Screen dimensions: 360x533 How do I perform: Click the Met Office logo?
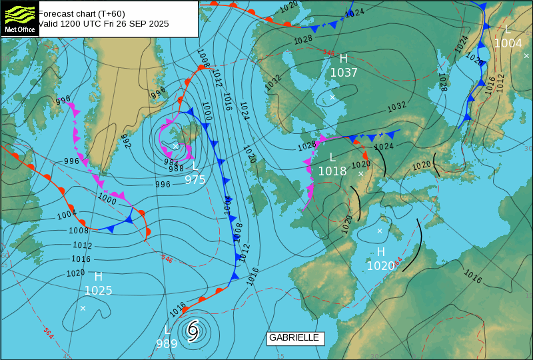click(19, 19)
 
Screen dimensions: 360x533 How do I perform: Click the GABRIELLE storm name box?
click(294, 338)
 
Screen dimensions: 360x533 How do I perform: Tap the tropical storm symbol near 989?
click(193, 330)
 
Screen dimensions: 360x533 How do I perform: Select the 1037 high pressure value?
click(344, 73)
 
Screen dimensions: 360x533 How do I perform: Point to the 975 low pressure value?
click(195, 179)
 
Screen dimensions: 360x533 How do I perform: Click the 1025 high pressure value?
click(98, 290)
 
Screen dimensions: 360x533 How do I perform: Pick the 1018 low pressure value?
click(332, 171)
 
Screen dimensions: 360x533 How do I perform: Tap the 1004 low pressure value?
click(508, 43)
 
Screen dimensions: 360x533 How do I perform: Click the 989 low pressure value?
click(167, 344)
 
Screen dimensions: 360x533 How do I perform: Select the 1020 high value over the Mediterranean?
click(380, 266)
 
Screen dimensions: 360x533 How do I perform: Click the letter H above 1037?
click(344, 59)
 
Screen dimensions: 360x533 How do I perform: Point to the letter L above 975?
click(195, 165)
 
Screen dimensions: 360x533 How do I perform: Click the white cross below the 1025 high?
click(83, 308)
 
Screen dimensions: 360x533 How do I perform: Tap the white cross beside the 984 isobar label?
click(175, 146)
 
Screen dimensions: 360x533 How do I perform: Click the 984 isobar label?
click(171, 162)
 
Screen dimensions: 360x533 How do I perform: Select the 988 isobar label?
click(176, 169)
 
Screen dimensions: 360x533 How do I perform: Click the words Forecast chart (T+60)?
click(82, 13)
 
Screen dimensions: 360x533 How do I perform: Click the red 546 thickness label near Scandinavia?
click(328, 53)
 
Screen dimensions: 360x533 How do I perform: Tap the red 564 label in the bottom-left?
click(48, 333)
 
